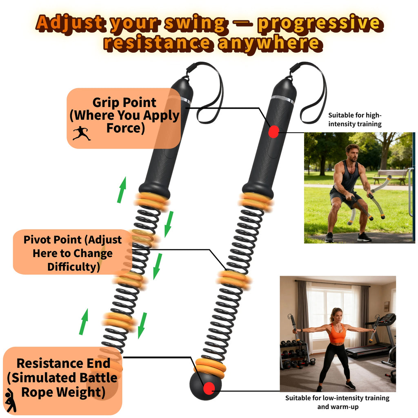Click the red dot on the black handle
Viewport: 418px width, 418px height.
(273, 131)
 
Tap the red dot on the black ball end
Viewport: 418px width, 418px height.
(209, 388)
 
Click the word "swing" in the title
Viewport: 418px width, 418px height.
(196, 24)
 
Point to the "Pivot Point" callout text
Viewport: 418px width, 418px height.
(73, 240)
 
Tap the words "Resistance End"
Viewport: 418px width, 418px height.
(63, 363)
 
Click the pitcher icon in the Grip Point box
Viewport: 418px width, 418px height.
(82, 133)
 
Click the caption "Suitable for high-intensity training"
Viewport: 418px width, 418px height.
(355, 119)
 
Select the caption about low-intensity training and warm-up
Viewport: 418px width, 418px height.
(337, 402)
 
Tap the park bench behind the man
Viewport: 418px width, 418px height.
(391, 175)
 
